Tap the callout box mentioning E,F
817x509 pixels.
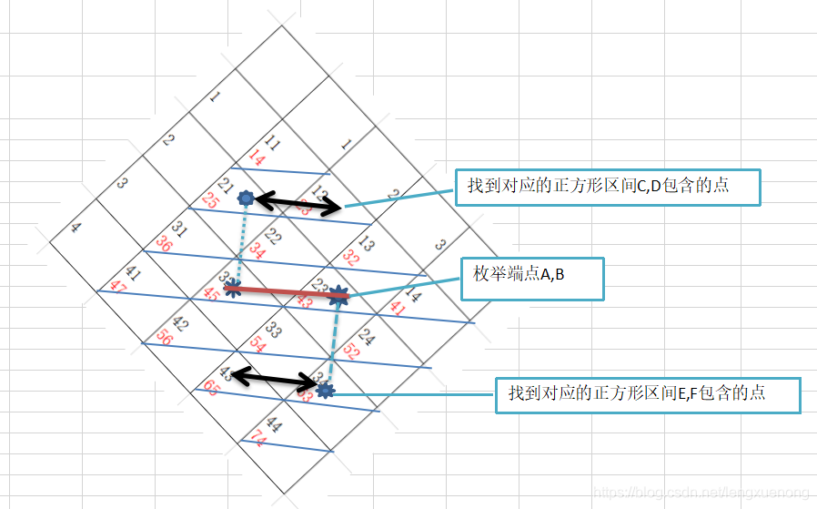tap(648, 394)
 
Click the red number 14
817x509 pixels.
tap(257, 160)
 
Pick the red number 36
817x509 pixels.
tap(164, 244)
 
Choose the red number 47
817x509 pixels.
tap(118, 286)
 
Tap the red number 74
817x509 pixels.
tap(257, 439)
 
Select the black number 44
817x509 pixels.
tap(273, 425)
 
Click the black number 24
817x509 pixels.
tap(366, 336)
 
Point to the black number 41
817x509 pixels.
tap(134, 272)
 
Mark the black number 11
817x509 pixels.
tap(271, 144)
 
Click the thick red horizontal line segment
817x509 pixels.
tap(287, 293)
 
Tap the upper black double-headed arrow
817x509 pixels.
tap(298, 201)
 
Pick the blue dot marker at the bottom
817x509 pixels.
tap(326, 391)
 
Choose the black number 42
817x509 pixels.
tap(180, 323)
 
